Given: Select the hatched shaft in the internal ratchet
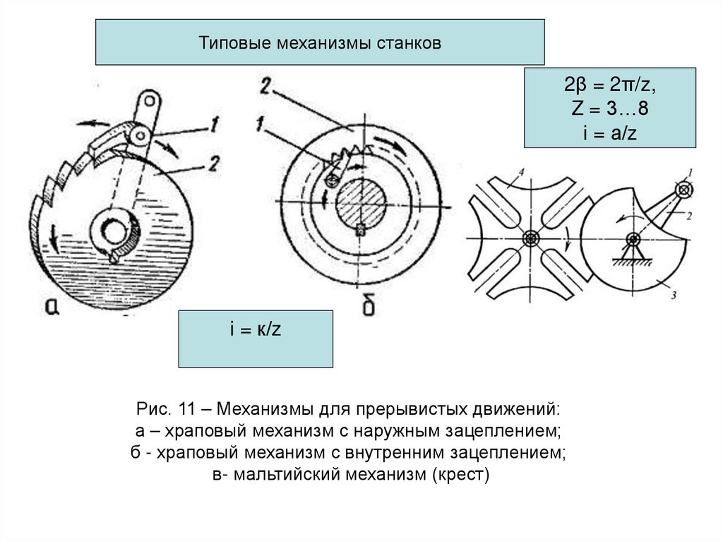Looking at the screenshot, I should (361, 204).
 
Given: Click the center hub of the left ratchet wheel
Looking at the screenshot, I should (114, 231).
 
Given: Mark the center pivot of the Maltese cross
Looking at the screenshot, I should (530, 238).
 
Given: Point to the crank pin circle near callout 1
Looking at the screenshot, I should (683, 189).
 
